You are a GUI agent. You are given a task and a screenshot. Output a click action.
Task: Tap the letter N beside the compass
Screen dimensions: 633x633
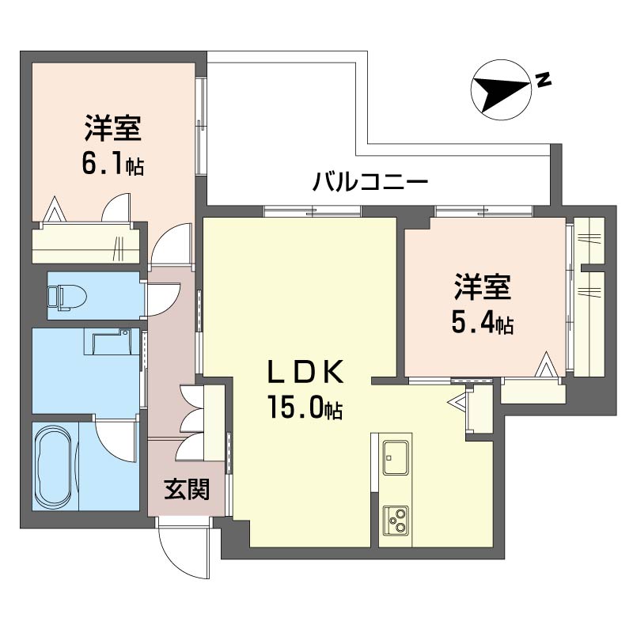543,79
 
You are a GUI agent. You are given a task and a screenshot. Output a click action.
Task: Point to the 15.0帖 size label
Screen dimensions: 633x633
305,408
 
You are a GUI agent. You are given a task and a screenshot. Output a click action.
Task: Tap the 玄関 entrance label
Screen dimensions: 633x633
188,491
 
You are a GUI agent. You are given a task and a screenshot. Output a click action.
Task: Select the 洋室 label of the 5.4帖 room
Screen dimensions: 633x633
482,286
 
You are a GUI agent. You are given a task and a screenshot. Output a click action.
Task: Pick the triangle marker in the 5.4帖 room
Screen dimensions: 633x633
547,365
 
